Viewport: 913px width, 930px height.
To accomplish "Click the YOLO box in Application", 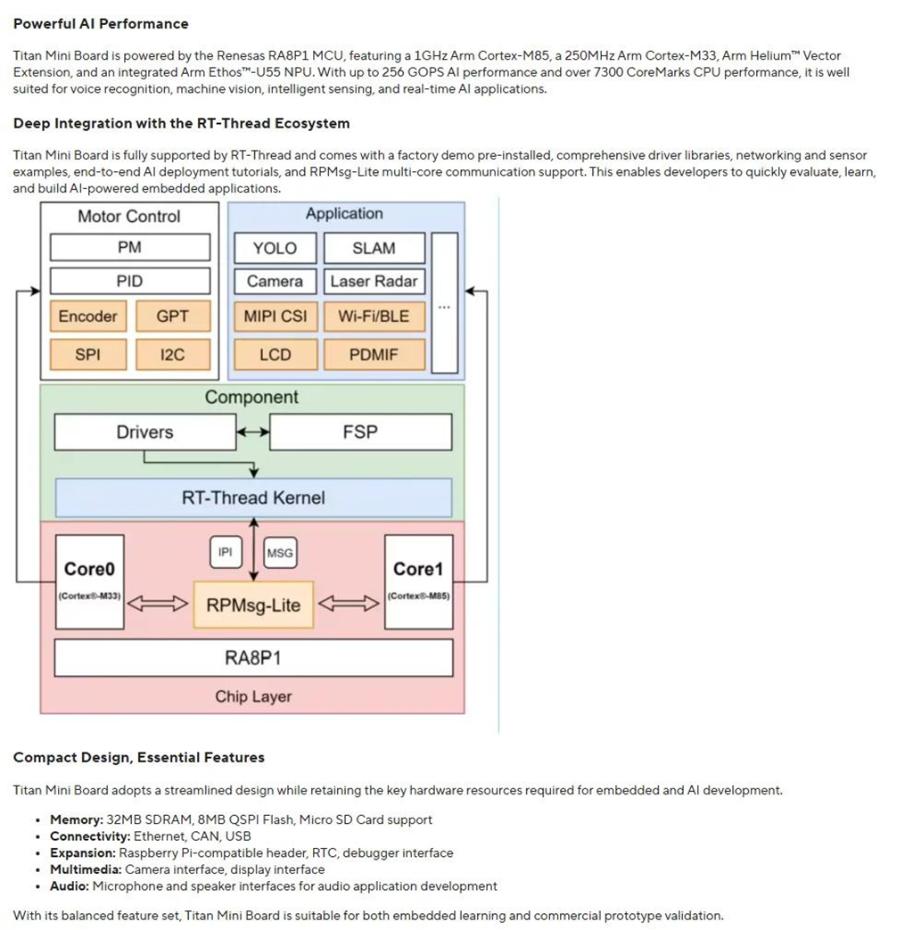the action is point(276,248).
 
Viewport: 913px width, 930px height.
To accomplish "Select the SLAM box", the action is point(374,248).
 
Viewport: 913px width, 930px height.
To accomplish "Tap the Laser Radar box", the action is point(374,281).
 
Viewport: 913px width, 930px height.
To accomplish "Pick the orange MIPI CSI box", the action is point(276,317).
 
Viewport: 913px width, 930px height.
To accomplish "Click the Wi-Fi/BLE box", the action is point(374,317).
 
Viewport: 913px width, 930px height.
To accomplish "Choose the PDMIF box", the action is point(374,355).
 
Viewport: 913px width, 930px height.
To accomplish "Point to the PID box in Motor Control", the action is point(130,281).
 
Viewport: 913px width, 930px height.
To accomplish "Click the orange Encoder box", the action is point(88,317).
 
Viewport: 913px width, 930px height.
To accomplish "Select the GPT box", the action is point(173,317).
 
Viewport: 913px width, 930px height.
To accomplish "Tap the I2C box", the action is point(173,355).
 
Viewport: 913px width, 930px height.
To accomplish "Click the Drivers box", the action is point(145,432).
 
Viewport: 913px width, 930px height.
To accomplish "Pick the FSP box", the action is point(361,432).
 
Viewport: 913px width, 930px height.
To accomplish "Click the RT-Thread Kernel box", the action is point(254,498).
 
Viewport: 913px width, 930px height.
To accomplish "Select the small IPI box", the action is point(226,552).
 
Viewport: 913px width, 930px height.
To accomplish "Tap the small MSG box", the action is point(280,553).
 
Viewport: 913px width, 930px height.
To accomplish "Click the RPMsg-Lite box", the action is point(253,605).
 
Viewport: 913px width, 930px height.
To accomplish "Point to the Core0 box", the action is point(89,582).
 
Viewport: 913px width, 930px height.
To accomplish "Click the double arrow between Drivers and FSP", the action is point(253,432).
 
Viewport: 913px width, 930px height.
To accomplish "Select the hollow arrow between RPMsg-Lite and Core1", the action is point(349,604).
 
